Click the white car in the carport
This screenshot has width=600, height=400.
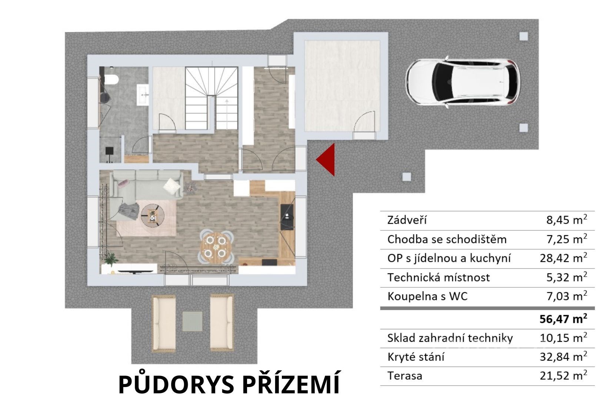463,82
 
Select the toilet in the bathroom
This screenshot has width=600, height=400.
111,80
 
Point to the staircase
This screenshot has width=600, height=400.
211,98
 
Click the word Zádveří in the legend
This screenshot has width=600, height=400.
407,220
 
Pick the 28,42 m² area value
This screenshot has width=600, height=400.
564,258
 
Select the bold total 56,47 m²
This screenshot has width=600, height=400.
564,319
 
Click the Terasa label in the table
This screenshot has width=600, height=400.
405,376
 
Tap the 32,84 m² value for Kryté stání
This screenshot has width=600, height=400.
564,357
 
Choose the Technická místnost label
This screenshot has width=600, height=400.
439,277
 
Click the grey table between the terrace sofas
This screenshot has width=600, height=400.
192,321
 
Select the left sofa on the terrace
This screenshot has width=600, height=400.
164,323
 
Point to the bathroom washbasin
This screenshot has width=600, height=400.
143,94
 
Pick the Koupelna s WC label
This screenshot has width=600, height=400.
427,296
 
